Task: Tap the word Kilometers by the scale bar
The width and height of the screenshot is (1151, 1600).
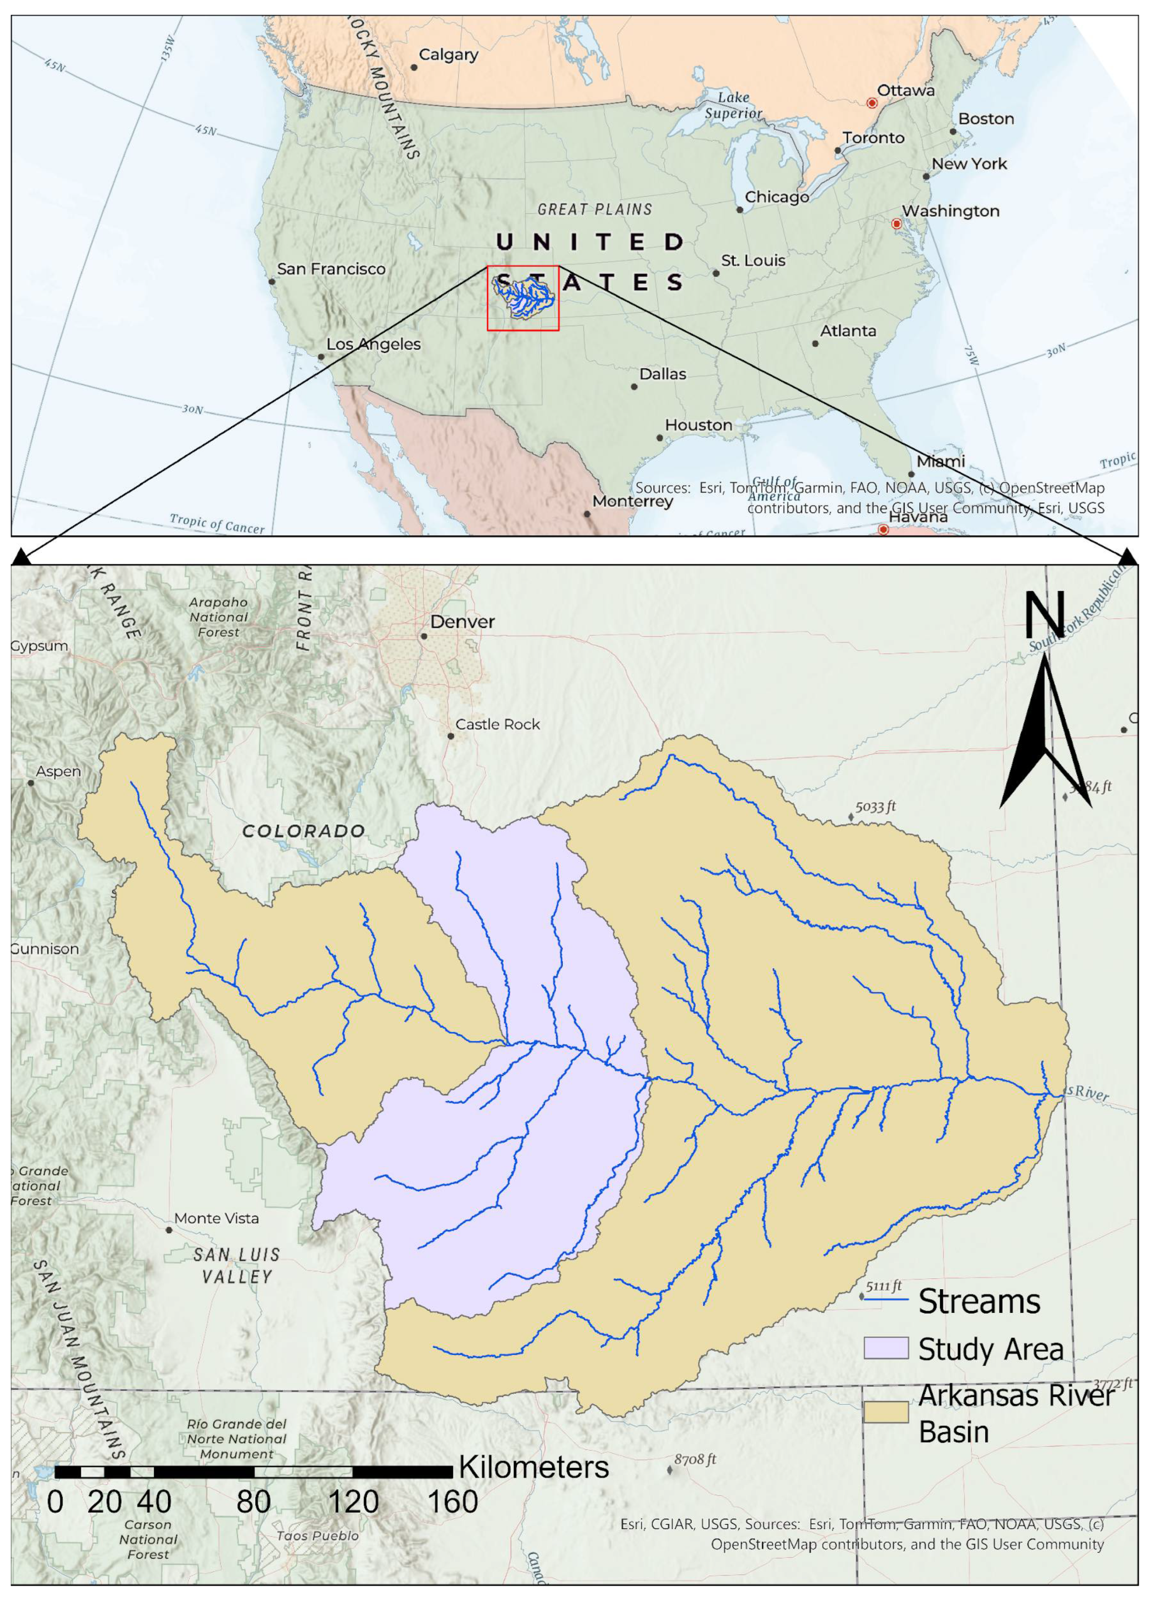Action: (x=533, y=1467)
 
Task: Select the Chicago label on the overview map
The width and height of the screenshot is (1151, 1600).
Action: (x=776, y=197)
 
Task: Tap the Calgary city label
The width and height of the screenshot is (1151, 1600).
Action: (x=448, y=54)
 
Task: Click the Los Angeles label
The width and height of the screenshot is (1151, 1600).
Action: (x=373, y=344)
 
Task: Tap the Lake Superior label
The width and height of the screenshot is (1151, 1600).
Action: (x=733, y=105)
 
